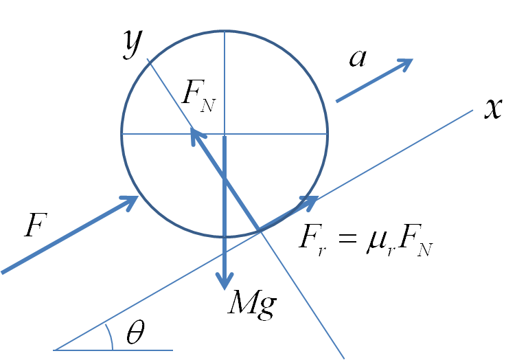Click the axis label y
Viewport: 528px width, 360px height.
134,44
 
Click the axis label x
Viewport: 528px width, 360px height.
493,109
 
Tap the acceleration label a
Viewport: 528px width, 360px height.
358,58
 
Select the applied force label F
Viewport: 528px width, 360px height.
36,225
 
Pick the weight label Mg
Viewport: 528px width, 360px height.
253,304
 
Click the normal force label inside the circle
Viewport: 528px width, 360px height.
198,95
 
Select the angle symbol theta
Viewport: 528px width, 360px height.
136,332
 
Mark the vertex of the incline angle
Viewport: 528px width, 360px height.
54,350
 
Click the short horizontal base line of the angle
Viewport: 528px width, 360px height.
113,350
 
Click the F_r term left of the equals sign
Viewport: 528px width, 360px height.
314,240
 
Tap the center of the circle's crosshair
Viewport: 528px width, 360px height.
225,134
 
